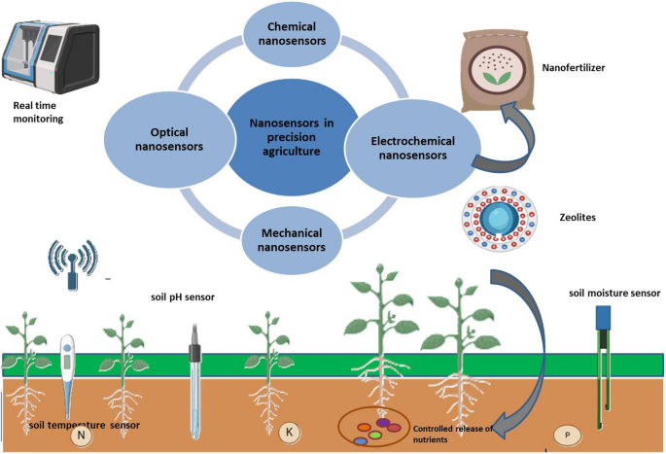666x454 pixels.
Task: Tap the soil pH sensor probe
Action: tap(196, 369)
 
